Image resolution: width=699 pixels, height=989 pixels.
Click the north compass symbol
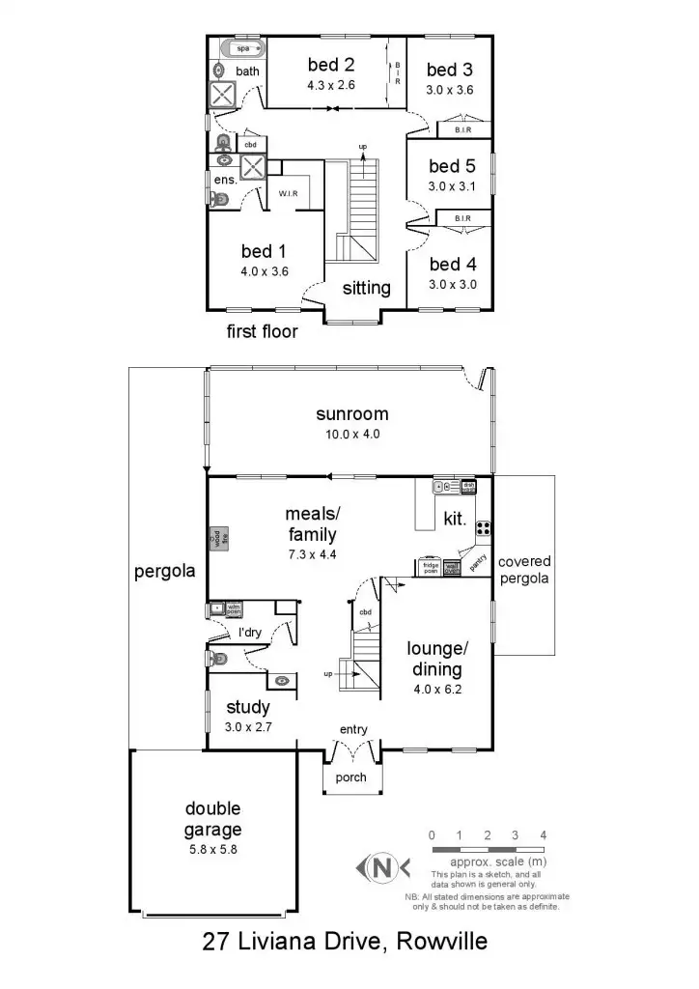383,866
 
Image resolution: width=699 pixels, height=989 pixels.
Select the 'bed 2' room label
331,66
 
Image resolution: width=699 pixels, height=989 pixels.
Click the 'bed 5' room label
452,167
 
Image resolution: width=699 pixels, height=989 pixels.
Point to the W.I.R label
290,194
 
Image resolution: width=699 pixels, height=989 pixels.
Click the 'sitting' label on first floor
366,288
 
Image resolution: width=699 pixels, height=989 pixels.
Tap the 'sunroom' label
352,414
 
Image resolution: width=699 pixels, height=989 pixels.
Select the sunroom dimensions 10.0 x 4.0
352,434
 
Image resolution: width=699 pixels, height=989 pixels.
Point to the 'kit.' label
455,519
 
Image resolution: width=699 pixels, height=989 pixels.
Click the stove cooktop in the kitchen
483,528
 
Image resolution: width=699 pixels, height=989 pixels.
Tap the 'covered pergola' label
524,570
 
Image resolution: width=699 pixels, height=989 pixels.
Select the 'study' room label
247,708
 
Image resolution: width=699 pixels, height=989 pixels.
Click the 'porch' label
350,778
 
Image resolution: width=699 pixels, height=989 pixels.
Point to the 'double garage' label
213,819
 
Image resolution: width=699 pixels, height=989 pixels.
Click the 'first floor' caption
262,332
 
